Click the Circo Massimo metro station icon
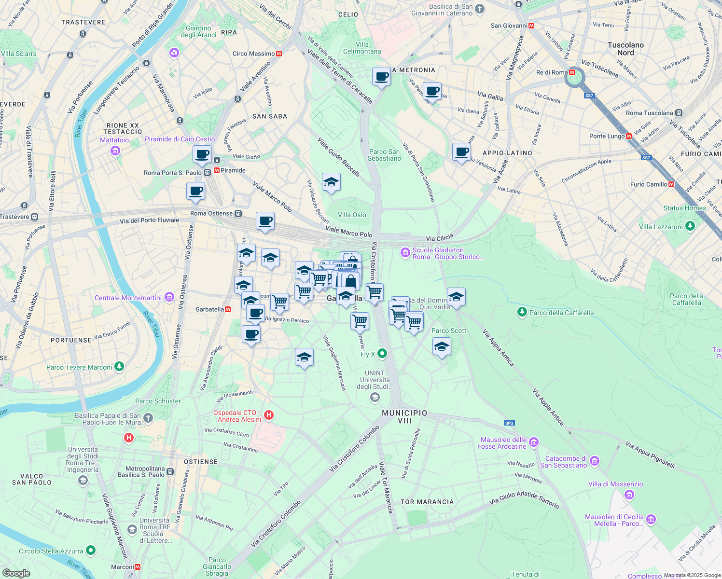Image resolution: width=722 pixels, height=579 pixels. point(279,54)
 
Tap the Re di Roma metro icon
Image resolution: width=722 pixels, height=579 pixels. point(572,72)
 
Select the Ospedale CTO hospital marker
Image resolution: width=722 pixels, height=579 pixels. point(269,415)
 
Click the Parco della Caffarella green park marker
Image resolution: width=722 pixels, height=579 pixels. point(522,312)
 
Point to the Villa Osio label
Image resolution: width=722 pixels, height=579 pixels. point(352,215)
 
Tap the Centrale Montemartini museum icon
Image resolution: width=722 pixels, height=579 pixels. point(169,297)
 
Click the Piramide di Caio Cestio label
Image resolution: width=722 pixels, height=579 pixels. point(180,139)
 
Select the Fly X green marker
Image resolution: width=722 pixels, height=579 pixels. point(382,354)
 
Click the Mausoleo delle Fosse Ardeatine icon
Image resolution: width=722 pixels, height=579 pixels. point(534,442)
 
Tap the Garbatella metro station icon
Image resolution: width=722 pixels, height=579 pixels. point(227,309)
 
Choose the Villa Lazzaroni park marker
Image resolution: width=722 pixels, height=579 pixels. point(690,226)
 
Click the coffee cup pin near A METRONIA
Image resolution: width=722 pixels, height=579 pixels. point(381,77)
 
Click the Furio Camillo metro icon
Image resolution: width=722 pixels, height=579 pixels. point(671,184)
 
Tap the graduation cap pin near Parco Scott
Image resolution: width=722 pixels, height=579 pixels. point(442,346)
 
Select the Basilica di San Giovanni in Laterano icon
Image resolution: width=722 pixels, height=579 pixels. point(480,9)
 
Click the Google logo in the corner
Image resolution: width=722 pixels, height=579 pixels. point(16,573)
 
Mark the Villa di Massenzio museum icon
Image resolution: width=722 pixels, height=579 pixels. point(629,495)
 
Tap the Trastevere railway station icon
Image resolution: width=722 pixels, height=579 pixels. point(34,217)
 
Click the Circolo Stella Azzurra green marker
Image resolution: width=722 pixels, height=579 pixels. point(90,551)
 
